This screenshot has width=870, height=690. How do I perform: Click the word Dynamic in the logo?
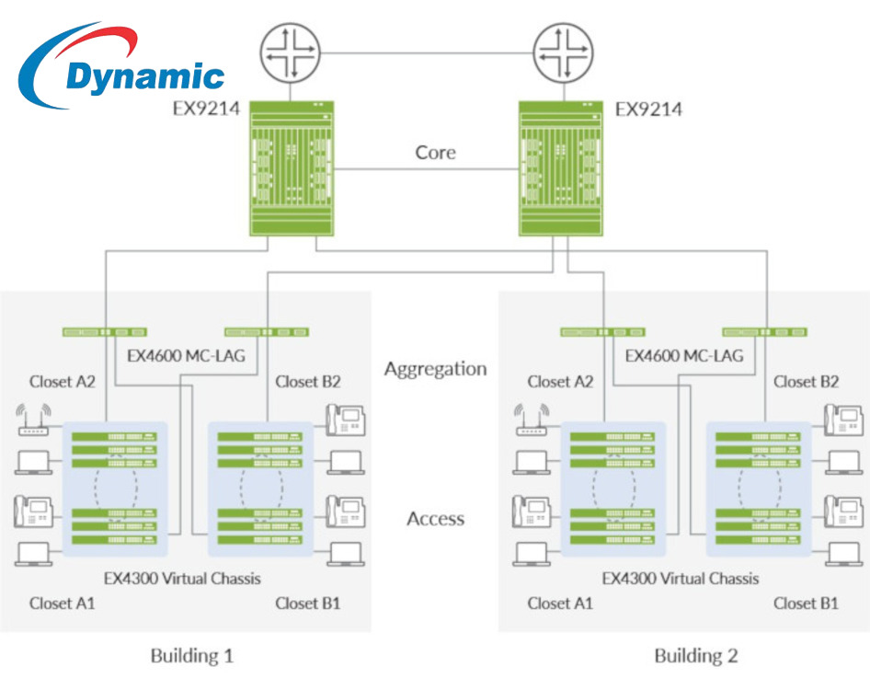click(144, 75)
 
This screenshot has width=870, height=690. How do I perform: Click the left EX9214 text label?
click(207, 109)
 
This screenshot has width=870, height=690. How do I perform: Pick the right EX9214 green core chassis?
click(561, 167)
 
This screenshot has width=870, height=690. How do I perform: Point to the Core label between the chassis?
click(435, 152)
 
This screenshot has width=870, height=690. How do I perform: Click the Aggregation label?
click(435, 369)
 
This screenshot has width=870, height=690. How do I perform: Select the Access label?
click(435, 519)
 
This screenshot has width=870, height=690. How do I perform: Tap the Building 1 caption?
click(191, 656)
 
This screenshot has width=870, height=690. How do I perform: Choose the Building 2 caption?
click(695, 656)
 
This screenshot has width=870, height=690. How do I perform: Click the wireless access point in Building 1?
click(35, 420)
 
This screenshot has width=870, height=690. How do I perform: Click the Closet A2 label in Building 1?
click(63, 381)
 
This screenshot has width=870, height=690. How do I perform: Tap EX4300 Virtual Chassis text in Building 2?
click(681, 579)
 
